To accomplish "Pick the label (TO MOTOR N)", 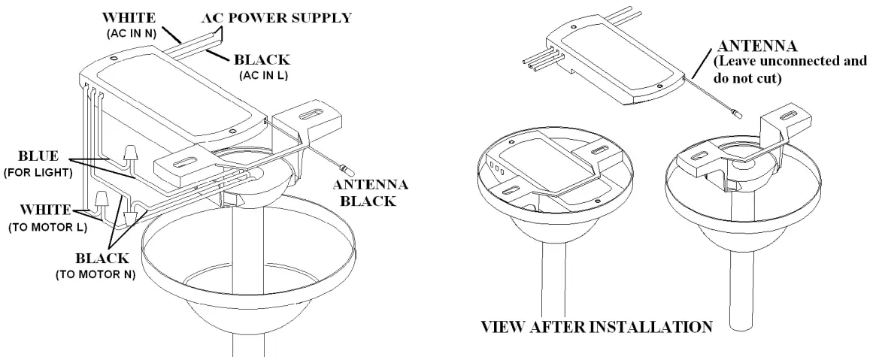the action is [95, 276].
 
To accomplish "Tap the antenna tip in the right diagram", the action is [738, 113].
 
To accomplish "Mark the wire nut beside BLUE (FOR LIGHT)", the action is [130, 155].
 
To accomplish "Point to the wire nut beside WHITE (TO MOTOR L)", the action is [101, 200].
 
